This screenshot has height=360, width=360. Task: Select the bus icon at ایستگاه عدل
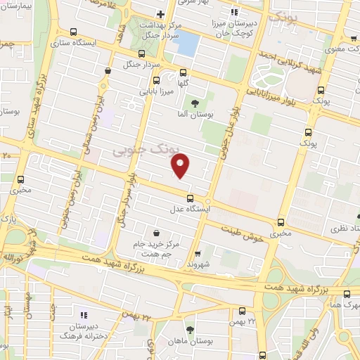click(190, 197)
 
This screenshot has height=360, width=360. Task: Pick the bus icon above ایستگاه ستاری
click(75, 32)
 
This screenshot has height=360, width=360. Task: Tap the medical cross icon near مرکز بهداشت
click(161, 14)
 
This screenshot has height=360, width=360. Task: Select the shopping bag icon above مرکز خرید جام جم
click(155, 233)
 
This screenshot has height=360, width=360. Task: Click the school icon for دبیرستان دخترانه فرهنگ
click(84, 315)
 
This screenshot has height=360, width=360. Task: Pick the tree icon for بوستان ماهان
click(190, 328)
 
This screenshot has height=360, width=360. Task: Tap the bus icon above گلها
click(184, 72)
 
